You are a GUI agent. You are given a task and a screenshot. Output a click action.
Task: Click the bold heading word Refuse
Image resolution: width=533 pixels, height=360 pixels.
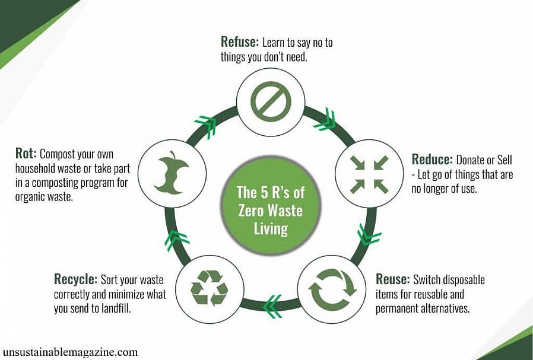[x=240, y=42]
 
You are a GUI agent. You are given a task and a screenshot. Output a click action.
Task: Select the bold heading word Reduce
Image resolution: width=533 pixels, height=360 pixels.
[x=432, y=160]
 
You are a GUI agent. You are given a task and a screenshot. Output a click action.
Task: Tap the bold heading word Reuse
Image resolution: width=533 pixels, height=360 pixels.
[x=392, y=279]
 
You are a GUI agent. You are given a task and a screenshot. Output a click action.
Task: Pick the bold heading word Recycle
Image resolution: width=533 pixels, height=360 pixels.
[x=75, y=279]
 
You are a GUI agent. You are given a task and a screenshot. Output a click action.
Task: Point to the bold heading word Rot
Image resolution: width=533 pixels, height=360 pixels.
[x=26, y=153]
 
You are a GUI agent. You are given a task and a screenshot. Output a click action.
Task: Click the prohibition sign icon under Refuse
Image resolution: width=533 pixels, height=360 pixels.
[x=271, y=101]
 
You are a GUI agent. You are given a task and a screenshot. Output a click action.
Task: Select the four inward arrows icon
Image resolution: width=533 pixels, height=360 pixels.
[x=369, y=174]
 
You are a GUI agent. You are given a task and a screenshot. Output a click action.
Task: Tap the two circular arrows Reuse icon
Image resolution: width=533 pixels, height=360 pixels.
[x=332, y=289]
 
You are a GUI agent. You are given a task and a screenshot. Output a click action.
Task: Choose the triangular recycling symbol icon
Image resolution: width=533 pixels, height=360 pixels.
[x=209, y=288]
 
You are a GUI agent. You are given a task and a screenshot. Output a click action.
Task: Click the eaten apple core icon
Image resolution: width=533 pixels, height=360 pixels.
[x=172, y=173]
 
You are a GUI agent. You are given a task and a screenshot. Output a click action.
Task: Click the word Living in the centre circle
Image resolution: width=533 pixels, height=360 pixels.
[x=271, y=228]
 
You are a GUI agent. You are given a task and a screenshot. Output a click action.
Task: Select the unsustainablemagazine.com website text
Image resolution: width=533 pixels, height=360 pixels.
[x=70, y=352]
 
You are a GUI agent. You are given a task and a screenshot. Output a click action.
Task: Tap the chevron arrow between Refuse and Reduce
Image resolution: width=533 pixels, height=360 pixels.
[x=326, y=120]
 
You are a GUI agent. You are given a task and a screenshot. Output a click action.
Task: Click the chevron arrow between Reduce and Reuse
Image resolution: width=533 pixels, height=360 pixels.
[x=368, y=235]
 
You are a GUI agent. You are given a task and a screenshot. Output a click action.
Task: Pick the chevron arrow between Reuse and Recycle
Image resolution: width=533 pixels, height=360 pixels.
[x=273, y=305]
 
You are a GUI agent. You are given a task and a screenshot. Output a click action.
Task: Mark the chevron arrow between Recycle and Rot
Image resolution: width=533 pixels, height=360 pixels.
[x=176, y=240]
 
